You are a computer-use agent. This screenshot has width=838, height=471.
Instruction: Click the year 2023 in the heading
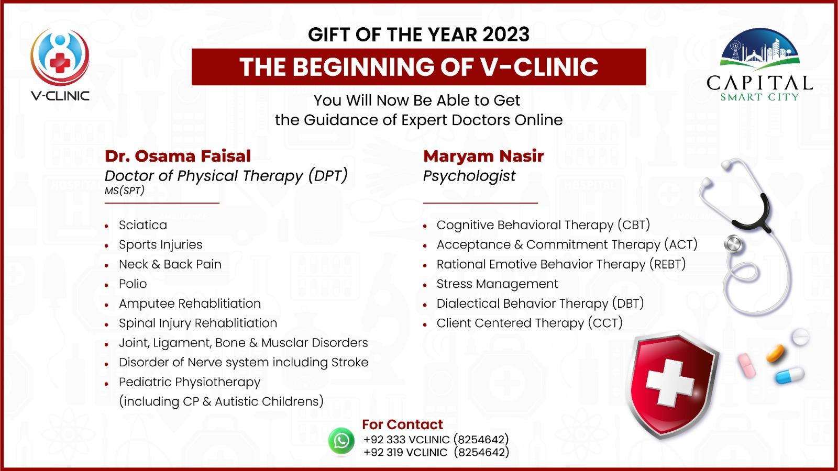[506, 35]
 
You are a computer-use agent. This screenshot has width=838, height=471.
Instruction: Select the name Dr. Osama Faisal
[178, 156]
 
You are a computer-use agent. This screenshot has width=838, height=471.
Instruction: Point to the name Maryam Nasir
[483, 156]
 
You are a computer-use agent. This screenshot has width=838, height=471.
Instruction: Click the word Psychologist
[469, 176]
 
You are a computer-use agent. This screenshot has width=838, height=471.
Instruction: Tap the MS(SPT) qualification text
[124, 191]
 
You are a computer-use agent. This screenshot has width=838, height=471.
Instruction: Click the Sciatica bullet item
[143, 225]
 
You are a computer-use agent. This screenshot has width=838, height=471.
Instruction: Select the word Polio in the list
[133, 284]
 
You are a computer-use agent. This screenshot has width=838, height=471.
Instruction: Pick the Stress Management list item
[497, 284]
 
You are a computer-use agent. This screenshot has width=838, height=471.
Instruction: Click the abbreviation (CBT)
[634, 225]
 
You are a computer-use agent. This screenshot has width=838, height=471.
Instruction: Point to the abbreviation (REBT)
[667, 264]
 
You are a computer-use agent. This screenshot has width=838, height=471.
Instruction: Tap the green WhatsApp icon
[341, 441]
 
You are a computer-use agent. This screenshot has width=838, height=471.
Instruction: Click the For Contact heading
[402, 424]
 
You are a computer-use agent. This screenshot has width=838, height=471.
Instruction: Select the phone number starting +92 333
[436, 440]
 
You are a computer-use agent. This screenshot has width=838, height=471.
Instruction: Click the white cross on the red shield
[670, 383]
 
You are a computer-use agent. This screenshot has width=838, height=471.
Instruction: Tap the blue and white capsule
[789, 375]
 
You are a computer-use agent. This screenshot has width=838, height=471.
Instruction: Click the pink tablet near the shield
[747, 365]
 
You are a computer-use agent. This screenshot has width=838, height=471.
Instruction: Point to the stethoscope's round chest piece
[734, 244]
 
